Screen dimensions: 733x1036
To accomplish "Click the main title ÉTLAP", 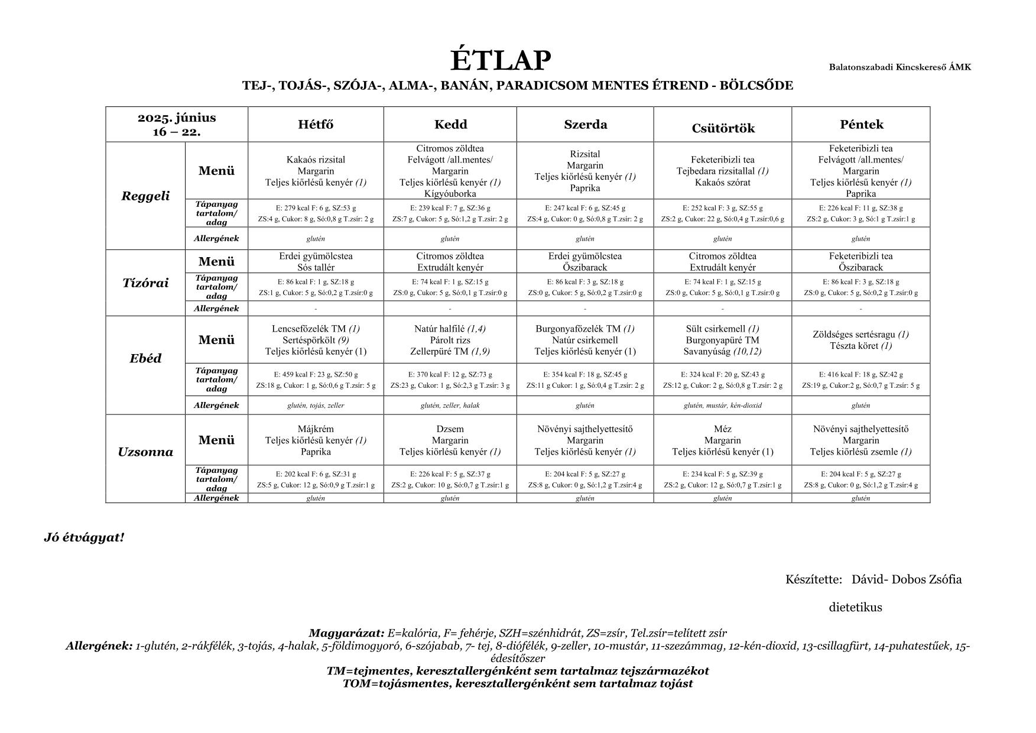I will click(501, 60).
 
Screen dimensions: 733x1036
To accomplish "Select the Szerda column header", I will click(585, 125).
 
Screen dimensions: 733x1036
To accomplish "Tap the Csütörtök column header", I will click(723, 128).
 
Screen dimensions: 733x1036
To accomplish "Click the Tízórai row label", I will click(145, 283).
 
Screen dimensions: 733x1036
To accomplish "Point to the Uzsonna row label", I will click(145, 452).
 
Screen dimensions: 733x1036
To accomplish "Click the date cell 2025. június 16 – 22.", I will click(177, 124).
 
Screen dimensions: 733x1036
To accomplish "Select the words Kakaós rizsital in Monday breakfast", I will click(316, 160).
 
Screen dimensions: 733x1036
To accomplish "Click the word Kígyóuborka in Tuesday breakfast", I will click(450, 193).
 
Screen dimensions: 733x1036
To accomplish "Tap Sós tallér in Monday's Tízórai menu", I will click(316, 267).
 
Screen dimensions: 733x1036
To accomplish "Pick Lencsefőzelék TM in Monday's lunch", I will click(309, 329).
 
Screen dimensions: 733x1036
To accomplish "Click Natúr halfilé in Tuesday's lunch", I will click(440, 329).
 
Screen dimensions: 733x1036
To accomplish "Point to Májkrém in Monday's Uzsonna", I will click(316, 429).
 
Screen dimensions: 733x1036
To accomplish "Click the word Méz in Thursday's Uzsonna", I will click(722, 429).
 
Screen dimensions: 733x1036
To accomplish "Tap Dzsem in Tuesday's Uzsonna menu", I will click(450, 429).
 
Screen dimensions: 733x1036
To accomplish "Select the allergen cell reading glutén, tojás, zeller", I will click(316, 406).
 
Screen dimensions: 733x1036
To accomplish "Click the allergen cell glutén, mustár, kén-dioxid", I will click(722, 406).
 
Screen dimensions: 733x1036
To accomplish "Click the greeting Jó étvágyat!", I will click(84, 538).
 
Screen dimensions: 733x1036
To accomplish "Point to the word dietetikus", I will click(855, 608).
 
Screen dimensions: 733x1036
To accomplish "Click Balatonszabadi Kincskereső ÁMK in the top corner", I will click(899, 67).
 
